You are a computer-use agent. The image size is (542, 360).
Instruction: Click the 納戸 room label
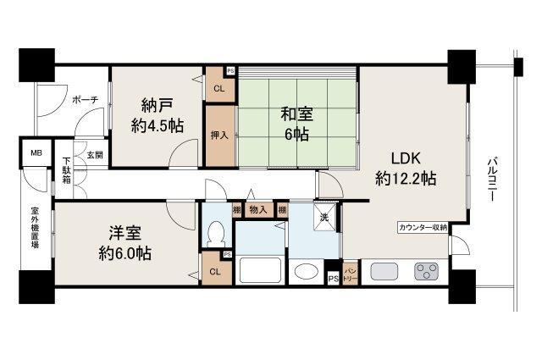pos(157,105)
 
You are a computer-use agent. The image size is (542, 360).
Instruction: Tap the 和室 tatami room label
pos(297,114)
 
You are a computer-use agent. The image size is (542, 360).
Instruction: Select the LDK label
pos(406,158)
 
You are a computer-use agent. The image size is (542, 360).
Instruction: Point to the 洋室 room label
pos(124,233)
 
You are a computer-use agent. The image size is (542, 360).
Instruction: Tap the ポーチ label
pos(85,100)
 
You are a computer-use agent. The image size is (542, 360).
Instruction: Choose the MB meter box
pos(36,152)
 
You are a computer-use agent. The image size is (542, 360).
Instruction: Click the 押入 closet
pos(220,136)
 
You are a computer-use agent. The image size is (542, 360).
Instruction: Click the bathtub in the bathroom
pos(260,270)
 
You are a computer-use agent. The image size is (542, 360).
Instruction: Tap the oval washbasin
pos(307,271)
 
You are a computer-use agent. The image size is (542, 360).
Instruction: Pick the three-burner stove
pos(426,271)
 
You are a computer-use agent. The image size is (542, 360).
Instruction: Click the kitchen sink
pos(384,271)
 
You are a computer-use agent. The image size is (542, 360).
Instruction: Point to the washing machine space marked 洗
pos(324,217)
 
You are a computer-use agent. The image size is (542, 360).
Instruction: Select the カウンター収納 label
pos(423,228)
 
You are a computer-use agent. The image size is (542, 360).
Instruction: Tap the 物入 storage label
pos(258,209)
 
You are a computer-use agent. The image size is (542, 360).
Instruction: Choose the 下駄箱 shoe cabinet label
pos(67,171)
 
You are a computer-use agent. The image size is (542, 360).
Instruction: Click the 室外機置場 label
pos(35,228)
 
